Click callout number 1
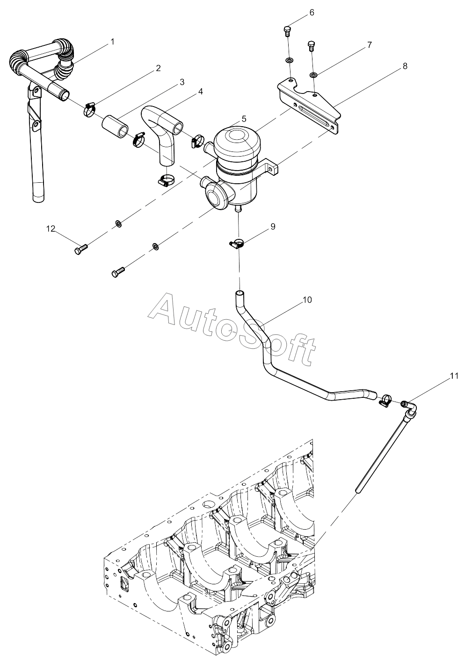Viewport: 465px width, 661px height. [112, 42]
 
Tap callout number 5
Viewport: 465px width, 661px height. [244, 119]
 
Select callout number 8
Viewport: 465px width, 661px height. [405, 66]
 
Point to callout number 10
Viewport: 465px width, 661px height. [307, 300]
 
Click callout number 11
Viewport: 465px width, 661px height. [454, 376]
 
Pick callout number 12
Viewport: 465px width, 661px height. [51, 229]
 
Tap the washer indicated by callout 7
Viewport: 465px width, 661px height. [314, 75]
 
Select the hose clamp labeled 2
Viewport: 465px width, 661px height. [89, 109]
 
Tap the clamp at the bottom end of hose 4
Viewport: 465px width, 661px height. [166, 180]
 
